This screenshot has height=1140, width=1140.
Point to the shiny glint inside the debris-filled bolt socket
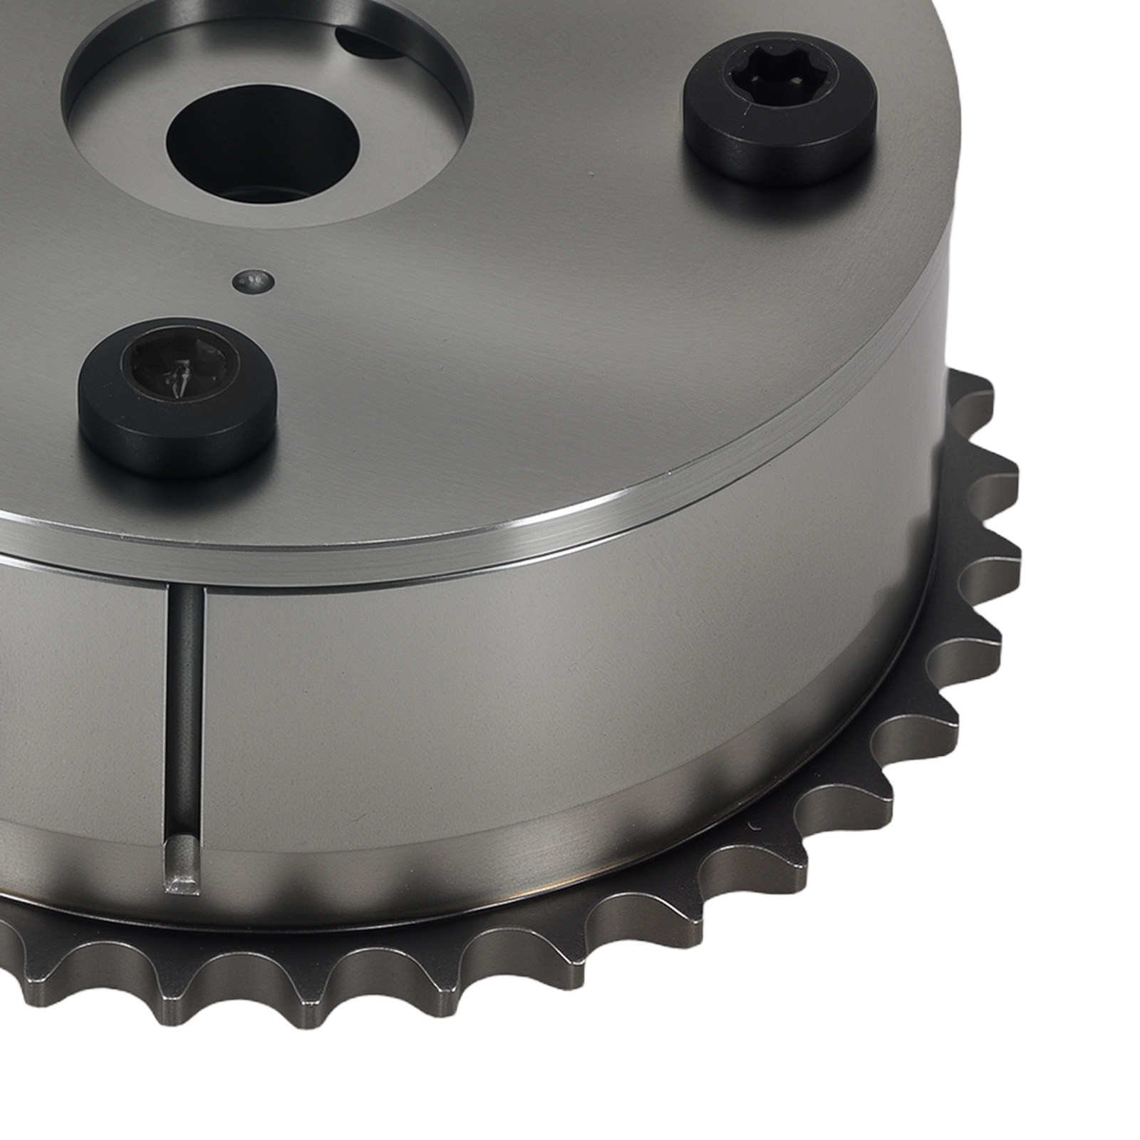click(177, 373)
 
